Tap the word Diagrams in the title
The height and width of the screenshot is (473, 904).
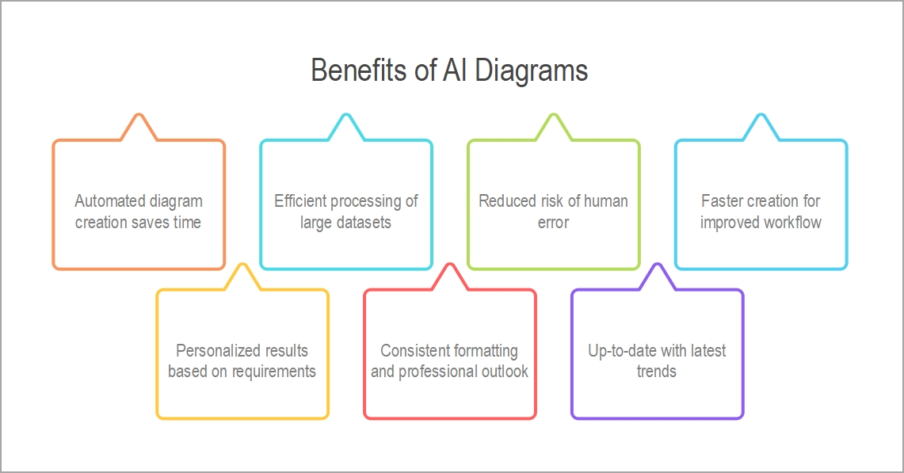531,71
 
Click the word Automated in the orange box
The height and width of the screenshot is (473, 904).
109,200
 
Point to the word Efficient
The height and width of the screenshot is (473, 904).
299,200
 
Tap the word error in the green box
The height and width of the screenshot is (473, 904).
554,223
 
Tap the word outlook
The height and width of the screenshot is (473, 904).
505,372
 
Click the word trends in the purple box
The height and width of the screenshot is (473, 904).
657,372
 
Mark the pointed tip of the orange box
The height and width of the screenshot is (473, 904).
139,114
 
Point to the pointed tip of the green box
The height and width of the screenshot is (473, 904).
554,114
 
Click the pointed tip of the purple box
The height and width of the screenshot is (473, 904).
658,264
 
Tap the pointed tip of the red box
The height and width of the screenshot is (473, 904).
450,264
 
